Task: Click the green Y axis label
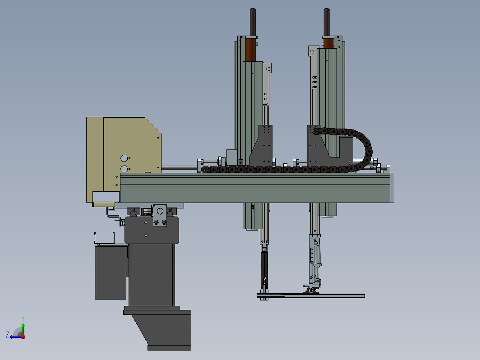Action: (23, 318)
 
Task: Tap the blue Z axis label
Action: (7, 334)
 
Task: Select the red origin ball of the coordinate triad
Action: (23, 337)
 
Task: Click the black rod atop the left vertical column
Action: (253, 22)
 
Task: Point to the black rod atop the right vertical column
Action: (326, 22)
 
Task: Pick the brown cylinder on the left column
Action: (250, 50)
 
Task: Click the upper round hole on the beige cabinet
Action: (124, 158)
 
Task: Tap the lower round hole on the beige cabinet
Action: (124, 169)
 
